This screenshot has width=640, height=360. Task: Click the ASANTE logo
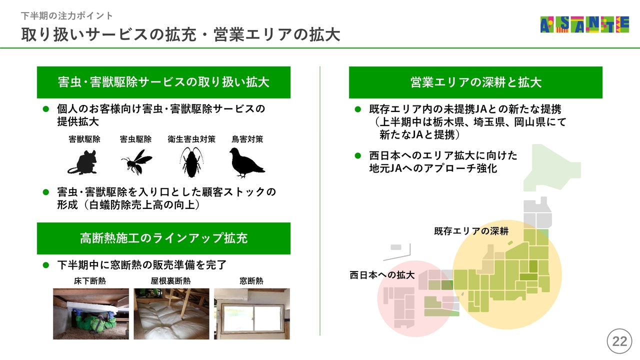tap(584, 24)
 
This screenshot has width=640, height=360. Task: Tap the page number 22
tap(619, 341)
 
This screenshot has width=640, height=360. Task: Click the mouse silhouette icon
tap(82, 162)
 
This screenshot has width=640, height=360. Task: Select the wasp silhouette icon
tap(136, 161)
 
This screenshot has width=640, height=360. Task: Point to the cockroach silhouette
tap(191, 162)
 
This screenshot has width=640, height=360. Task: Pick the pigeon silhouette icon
tap(247, 162)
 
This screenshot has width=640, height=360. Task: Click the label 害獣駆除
tap(84, 139)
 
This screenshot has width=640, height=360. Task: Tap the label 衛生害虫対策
tap(191, 139)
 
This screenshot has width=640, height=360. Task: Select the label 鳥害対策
tap(247, 139)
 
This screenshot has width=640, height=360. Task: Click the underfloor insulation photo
tap(91, 313)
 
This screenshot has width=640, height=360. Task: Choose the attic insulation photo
tap(171, 313)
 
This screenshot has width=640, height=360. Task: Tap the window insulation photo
tap(251, 313)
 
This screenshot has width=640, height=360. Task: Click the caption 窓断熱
tap(251, 281)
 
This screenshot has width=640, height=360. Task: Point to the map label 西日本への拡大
tap(382, 275)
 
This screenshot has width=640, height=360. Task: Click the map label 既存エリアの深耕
tap(471, 231)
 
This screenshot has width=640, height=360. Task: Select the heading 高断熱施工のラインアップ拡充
tap(163, 238)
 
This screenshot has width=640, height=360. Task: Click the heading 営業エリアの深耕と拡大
tap(475, 82)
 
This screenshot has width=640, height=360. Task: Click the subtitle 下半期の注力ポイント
tap(67, 15)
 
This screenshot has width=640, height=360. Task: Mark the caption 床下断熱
tap(90, 281)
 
